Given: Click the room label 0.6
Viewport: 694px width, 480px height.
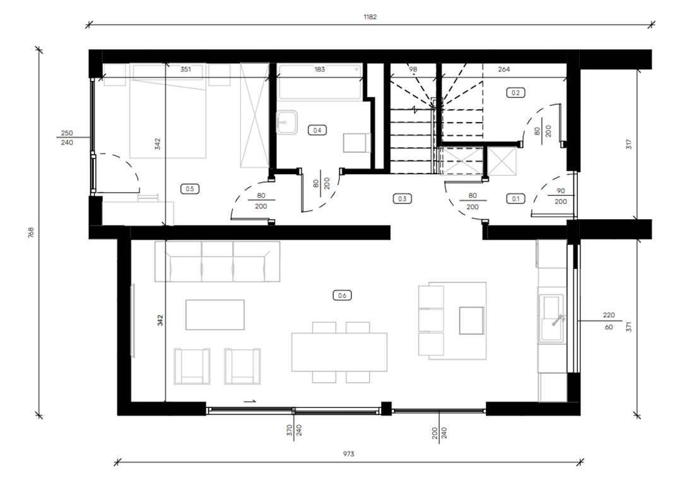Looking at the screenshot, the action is coord(342,295).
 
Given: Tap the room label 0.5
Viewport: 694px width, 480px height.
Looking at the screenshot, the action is coord(189,189).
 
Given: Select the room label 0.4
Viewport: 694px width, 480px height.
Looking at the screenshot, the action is coord(317,130).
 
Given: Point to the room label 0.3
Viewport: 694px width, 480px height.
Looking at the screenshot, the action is coord(402,198).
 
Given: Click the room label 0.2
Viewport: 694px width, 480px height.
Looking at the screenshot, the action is coord(515,93).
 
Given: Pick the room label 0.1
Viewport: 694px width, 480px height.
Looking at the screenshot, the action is coord(515,198).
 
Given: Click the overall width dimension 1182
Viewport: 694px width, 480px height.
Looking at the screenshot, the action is coord(370,17).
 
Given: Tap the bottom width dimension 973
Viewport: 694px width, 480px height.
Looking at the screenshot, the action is coord(348,454).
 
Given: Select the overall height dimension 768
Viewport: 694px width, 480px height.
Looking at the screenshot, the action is coord(31,232).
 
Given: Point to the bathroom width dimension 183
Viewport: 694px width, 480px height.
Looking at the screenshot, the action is coord(320,69).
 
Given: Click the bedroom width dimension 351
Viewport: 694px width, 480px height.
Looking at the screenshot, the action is coord(186,69).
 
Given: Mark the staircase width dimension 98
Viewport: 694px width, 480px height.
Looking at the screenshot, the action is coord(413,69).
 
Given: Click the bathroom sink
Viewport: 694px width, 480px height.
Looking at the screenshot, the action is coord(287,121).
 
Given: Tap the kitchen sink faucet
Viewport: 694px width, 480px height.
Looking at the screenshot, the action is coord(557,320).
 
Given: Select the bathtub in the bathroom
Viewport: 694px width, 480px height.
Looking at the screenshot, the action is coord(321,82).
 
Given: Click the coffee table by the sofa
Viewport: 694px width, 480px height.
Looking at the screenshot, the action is coord(215,315).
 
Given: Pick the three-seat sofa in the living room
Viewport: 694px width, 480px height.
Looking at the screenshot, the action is coord(217,261).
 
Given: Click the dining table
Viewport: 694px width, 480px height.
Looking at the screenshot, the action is coord(339,352).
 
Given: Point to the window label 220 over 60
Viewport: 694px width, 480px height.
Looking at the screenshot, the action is coord(609,321).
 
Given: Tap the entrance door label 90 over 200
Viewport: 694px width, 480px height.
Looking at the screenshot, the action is coord(560,196).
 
